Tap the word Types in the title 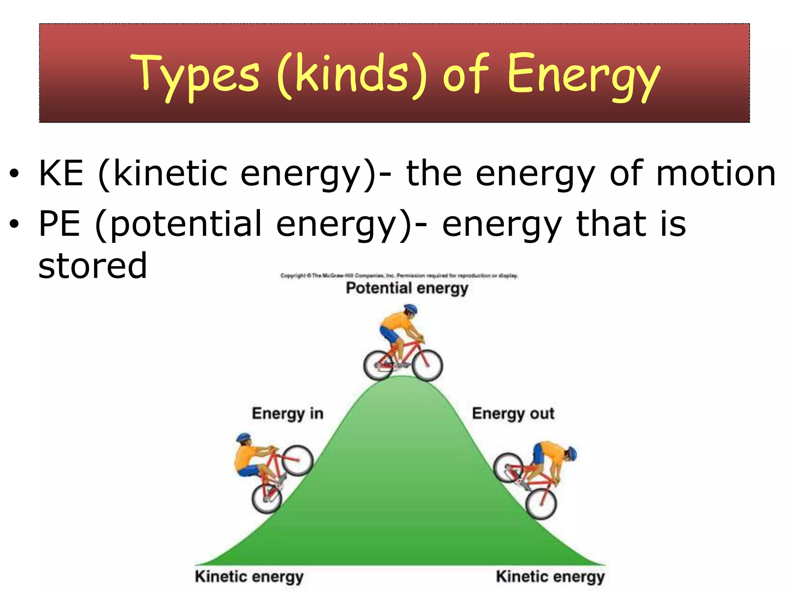tap(195, 75)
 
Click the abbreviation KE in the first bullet tap(61, 173)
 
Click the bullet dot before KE tap(14, 174)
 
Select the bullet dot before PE tap(14, 224)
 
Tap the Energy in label tap(287, 414)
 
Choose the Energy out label tap(513, 414)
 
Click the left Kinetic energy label tap(249, 577)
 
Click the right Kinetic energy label tap(550, 577)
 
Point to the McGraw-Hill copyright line tap(399, 276)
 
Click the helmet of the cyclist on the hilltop tap(410, 309)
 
